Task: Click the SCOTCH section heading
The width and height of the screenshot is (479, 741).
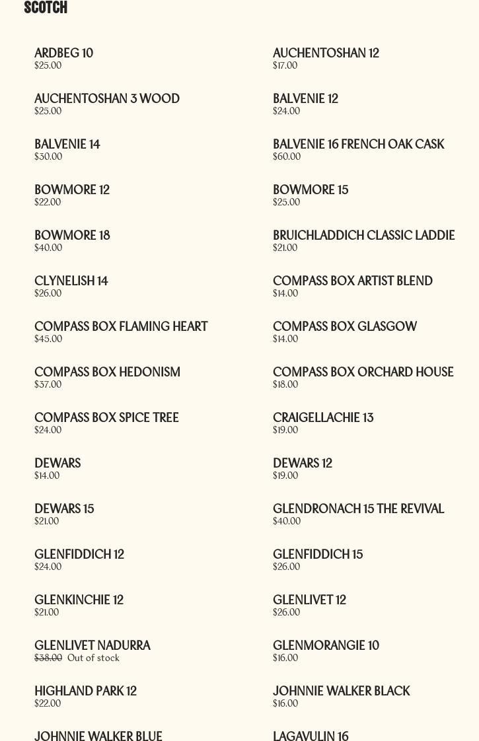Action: click(46, 8)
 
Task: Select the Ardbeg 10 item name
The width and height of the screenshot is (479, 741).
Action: click(63, 53)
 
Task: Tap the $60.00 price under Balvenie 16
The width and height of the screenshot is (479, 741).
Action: click(287, 157)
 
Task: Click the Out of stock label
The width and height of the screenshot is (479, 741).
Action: click(93, 658)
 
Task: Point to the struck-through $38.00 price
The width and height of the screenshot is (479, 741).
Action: click(48, 658)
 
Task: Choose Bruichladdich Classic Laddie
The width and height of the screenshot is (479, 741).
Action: click(363, 236)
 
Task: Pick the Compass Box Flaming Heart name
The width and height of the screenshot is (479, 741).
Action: click(121, 327)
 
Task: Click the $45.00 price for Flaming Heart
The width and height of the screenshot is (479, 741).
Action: click(48, 339)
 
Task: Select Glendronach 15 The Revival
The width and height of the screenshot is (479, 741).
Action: click(358, 509)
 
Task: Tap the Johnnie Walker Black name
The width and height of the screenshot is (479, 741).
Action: click(341, 691)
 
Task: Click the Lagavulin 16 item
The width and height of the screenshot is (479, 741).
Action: click(311, 736)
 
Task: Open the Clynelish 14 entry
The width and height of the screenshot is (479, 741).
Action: click(71, 281)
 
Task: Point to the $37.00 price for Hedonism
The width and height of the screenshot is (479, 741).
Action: click(48, 384)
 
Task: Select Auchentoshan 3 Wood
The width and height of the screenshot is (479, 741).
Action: click(107, 99)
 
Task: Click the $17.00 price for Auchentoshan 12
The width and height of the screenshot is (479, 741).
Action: click(285, 65)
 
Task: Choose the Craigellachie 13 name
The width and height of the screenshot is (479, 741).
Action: click(323, 418)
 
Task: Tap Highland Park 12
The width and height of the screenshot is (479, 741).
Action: click(85, 691)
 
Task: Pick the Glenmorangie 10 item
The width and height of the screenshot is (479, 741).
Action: click(326, 646)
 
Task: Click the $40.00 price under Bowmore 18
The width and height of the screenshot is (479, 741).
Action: click(48, 248)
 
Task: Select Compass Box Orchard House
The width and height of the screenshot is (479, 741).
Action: click(363, 372)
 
